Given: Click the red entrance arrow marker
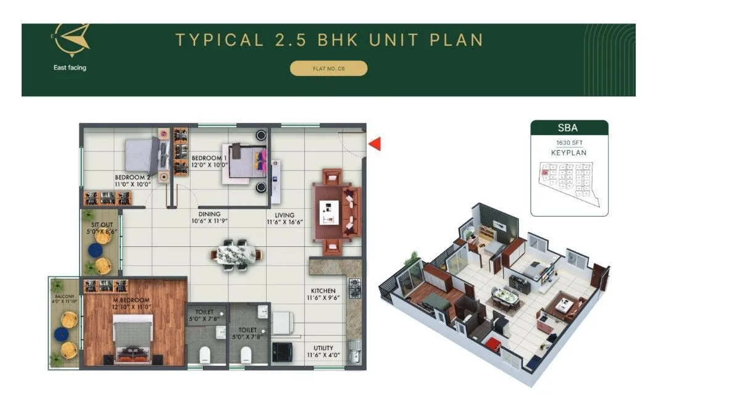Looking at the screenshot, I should (x=375, y=144).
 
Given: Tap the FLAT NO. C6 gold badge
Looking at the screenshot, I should (x=328, y=69).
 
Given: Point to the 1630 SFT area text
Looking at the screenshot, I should (x=569, y=143).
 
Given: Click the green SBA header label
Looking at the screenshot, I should (x=569, y=128).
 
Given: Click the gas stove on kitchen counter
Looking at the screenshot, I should (x=355, y=288).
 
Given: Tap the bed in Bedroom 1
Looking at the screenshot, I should (x=245, y=161).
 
